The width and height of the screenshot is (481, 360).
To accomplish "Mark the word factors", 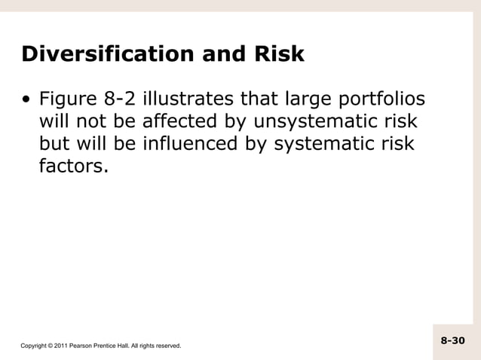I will (73, 165).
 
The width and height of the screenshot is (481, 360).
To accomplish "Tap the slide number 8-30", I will (453, 341).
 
